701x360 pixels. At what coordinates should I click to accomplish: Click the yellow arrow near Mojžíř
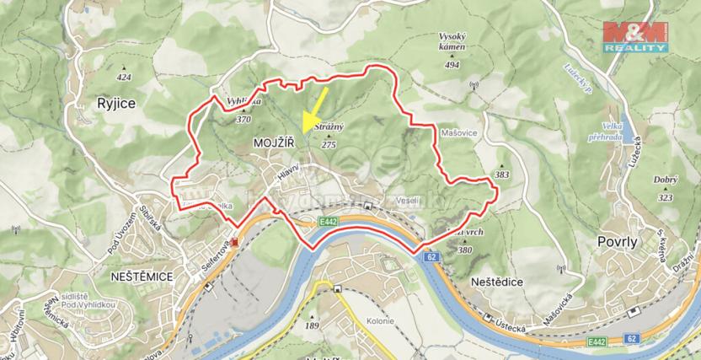coord(314,106)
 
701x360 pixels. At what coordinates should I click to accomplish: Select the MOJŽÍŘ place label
coord(274,145)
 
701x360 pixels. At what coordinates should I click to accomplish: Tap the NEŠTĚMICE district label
coord(135,275)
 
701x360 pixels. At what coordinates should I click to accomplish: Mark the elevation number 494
coord(452,65)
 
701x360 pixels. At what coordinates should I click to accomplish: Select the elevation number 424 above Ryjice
coord(126,78)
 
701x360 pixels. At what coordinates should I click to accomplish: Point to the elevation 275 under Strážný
coord(329,144)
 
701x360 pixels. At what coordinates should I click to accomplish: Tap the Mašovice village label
coord(460,133)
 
